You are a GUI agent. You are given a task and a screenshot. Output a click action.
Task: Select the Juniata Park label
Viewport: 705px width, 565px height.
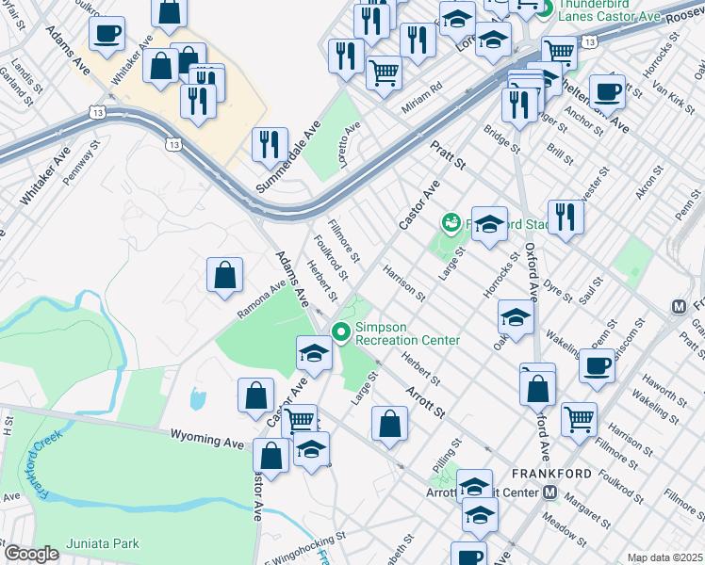pyautogui.click(x=103, y=543)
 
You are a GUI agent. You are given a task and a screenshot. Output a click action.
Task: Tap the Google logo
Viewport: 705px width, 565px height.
pyautogui.click(x=31, y=554)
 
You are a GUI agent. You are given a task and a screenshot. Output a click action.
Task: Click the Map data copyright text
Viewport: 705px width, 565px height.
pyautogui.click(x=664, y=557)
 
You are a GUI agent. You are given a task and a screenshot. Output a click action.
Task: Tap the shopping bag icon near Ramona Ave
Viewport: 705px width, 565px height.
pyautogui.click(x=225, y=276)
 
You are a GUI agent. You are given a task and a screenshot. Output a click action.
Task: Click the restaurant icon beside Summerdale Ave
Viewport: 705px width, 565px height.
pyautogui.click(x=271, y=144)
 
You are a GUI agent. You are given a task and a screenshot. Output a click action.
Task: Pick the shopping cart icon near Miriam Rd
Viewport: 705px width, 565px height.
pyautogui.click(x=384, y=72)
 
